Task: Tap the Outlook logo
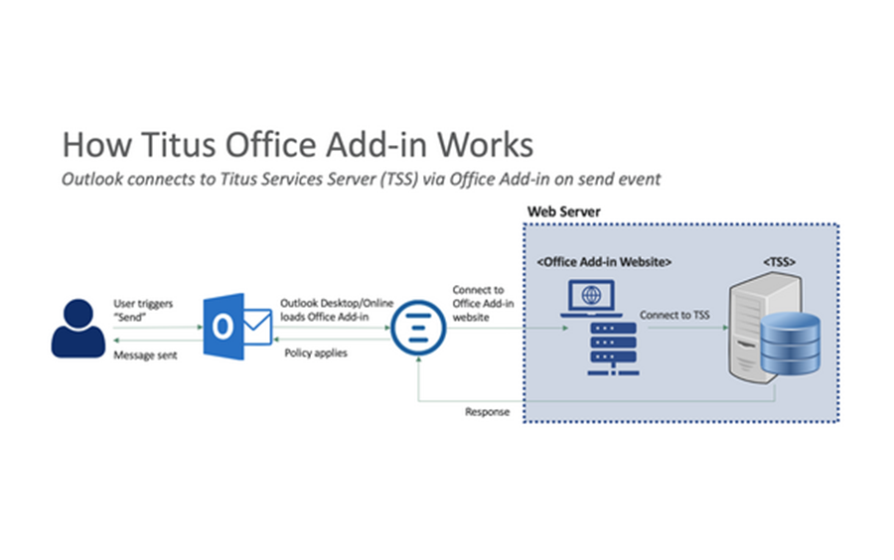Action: (237, 326)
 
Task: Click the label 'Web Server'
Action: (562, 212)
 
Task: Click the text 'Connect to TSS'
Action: (674, 316)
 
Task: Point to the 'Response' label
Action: (487, 411)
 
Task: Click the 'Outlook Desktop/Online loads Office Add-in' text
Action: (322, 308)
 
